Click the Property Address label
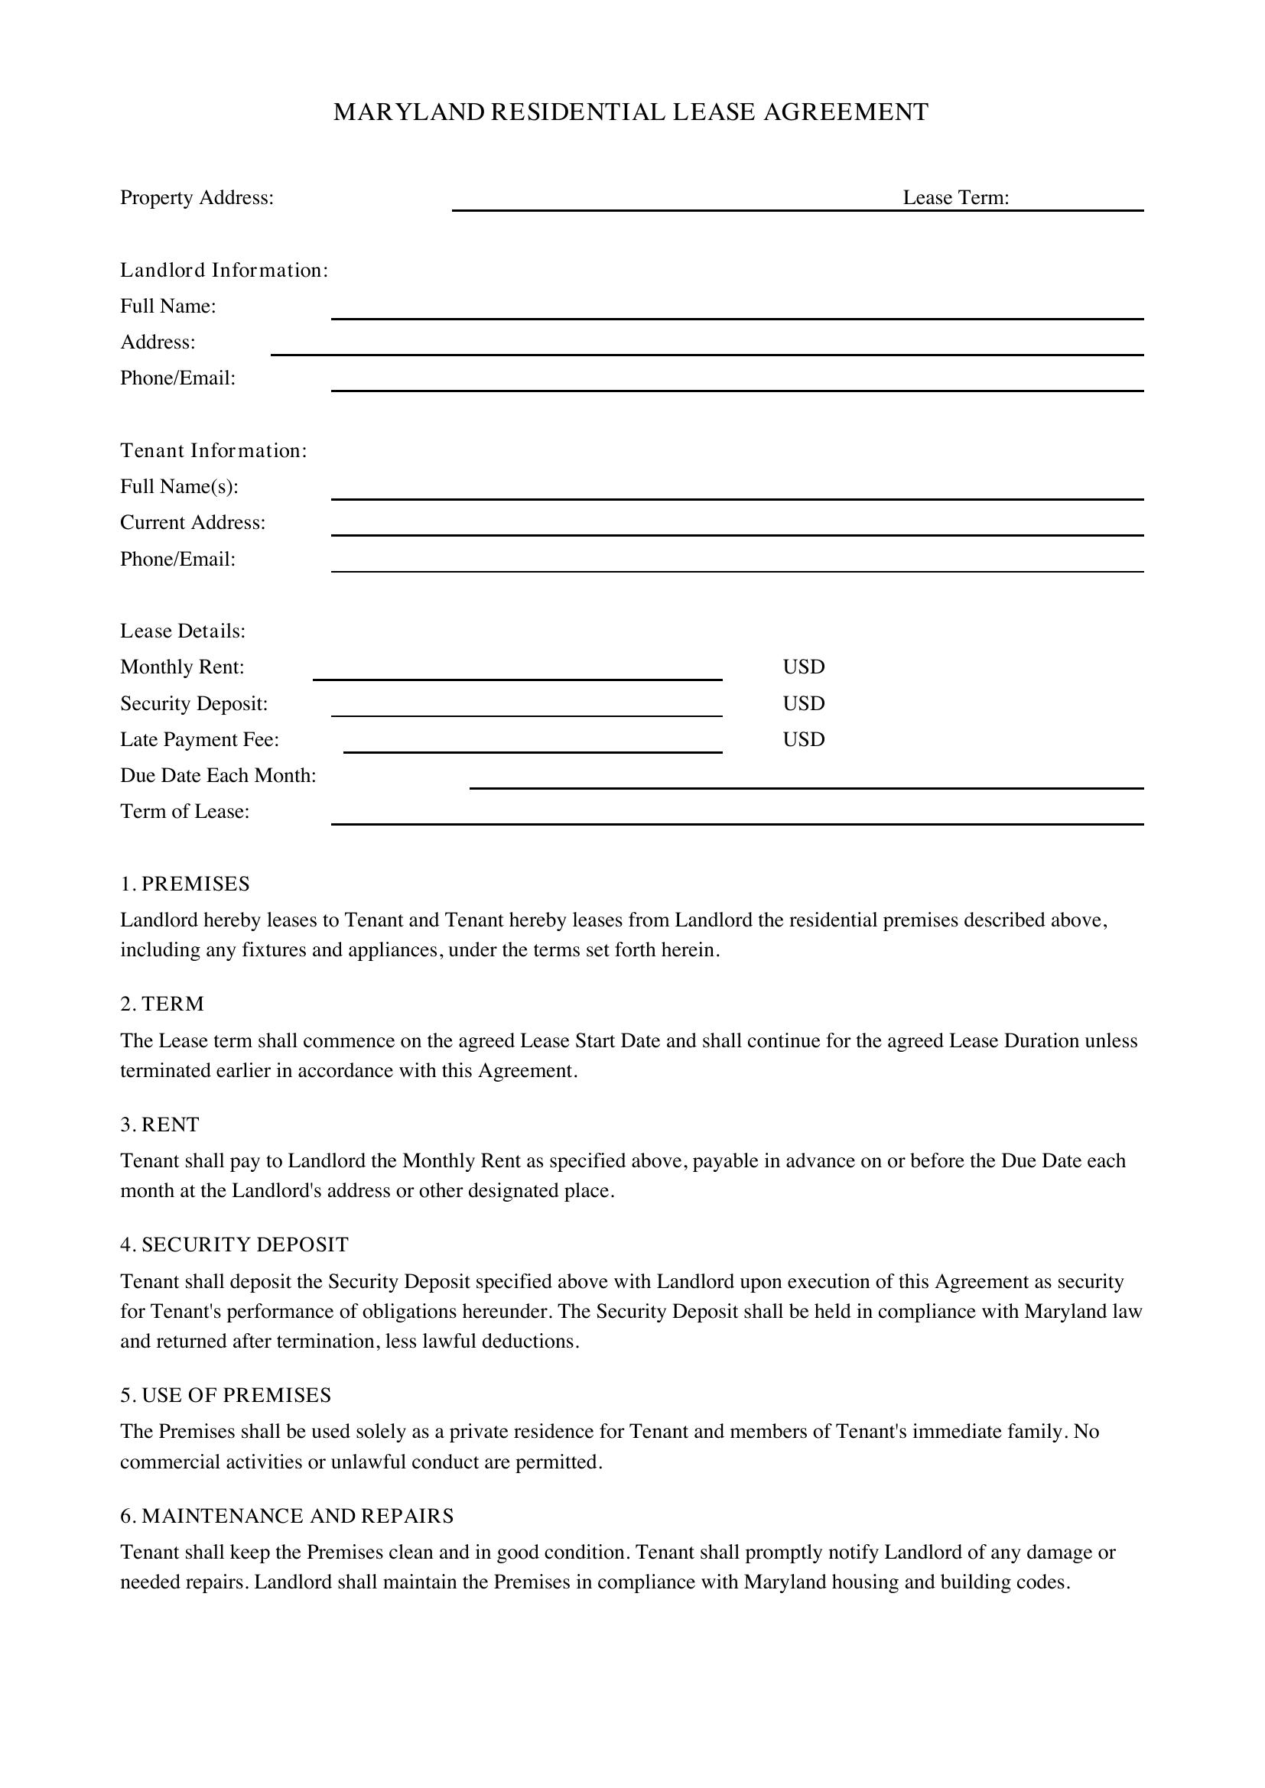coord(197,198)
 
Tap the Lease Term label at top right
coord(956,198)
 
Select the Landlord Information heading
coord(223,270)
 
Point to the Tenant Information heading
coord(213,451)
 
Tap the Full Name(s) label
coord(178,487)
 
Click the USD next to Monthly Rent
coord(803,667)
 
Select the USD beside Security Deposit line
coord(803,704)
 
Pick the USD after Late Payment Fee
coord(803,740)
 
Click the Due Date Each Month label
coord(218,776)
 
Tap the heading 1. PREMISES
coord(184,884)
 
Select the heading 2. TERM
coord(162,1004)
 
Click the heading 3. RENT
coord(160,1124)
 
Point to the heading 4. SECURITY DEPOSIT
coord(234,1244)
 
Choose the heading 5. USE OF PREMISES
coord(225,1395)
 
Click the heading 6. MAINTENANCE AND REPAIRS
coord(286,1515)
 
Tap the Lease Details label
coord(182,631)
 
